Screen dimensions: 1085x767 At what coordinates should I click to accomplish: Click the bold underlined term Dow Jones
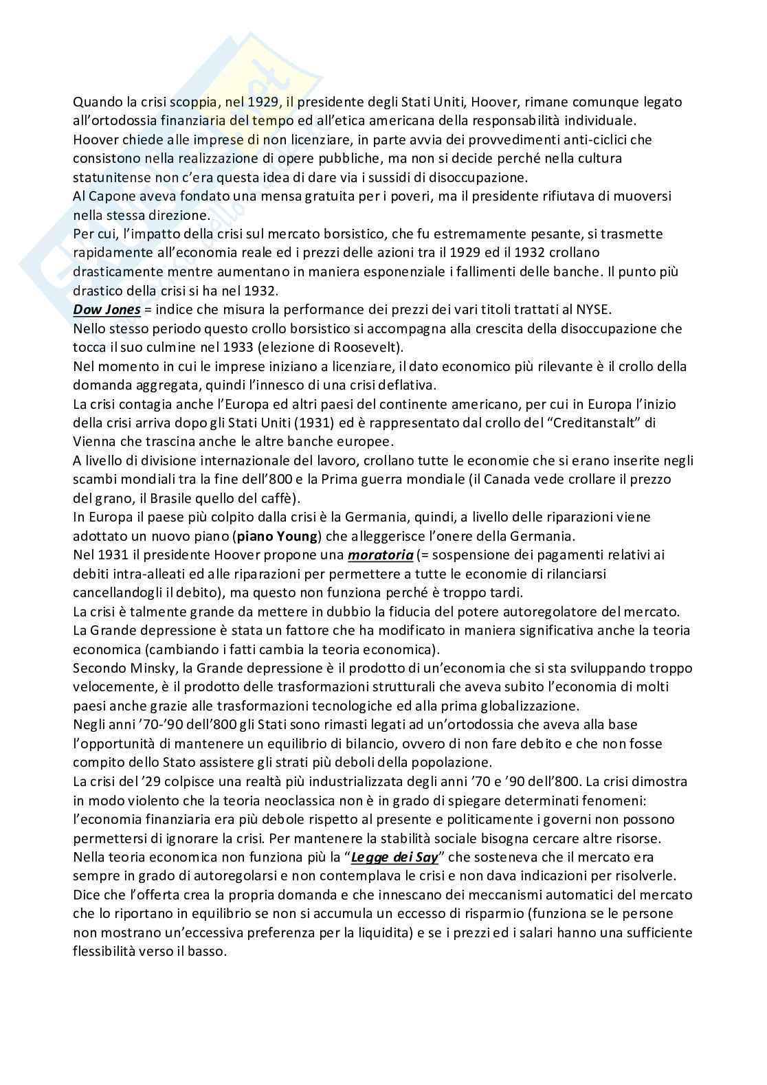107,309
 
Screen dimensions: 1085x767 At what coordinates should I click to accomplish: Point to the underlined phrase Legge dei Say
394,858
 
